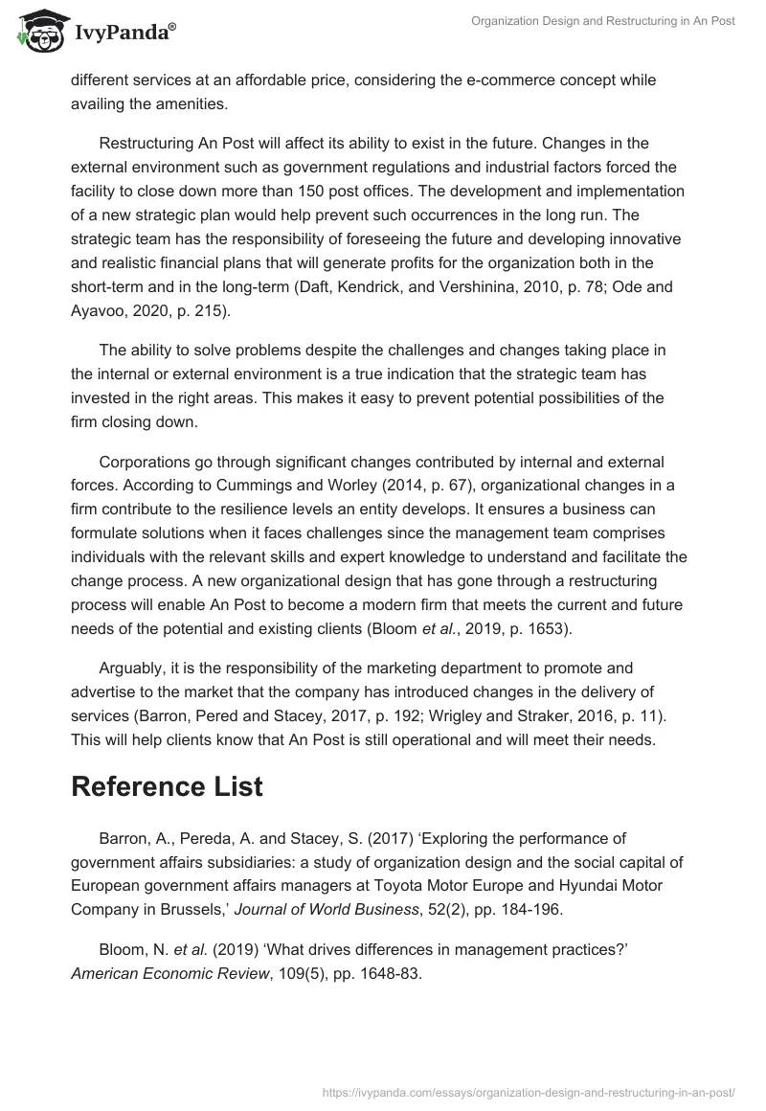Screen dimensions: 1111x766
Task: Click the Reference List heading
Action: (167, 787)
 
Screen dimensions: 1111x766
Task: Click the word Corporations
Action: (146, 462)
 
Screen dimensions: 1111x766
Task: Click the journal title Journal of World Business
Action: (321, 908)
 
